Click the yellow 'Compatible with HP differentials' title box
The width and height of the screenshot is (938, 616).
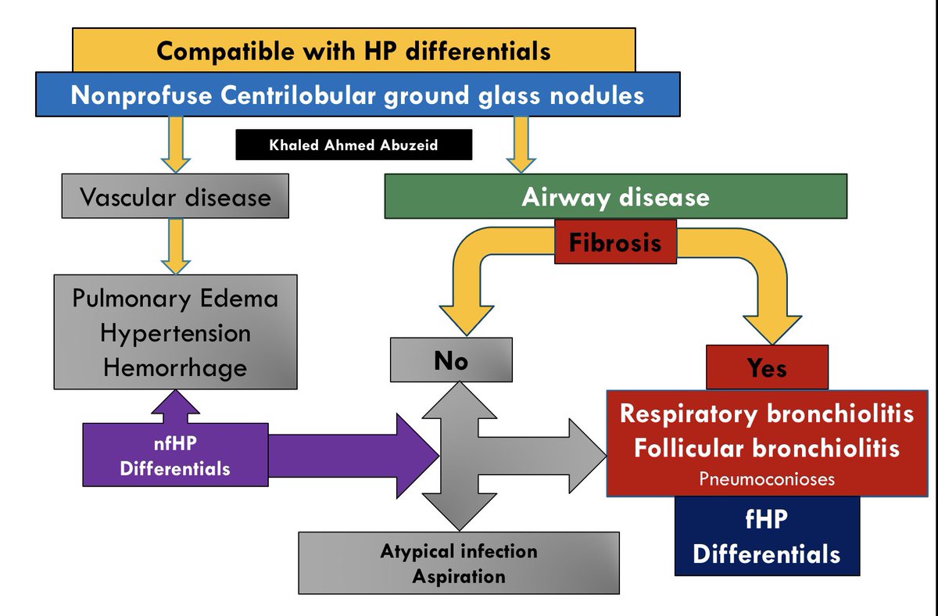point(353,52)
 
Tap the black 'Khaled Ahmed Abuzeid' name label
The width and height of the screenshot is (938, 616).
point(353,145)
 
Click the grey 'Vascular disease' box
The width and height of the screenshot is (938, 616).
point(175,196)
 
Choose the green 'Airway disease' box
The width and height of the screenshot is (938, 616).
point(615,196)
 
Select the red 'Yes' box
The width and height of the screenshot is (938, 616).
point(767,367)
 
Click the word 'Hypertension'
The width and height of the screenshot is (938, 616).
point(175,332)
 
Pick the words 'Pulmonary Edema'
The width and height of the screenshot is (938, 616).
point(175,299)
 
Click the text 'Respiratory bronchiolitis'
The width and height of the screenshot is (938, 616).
point(766,414)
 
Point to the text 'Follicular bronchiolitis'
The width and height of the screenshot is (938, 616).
point(766,448)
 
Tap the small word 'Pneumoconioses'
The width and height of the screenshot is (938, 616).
point(766,479)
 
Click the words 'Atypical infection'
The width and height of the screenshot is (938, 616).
point(459,551)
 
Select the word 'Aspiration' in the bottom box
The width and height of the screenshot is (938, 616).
point(459,577)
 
